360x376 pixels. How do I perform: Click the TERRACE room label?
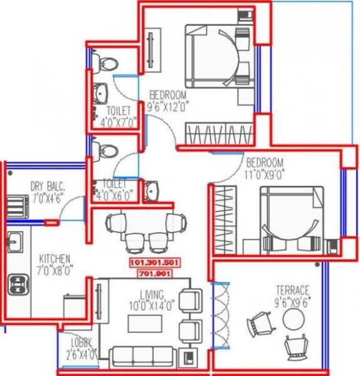(293, 291)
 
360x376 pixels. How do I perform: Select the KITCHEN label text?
(55, 258)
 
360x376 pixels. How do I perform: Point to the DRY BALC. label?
(48, 185)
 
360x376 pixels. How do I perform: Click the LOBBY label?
(82, 342)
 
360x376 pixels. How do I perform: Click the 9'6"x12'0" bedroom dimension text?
(167, 107)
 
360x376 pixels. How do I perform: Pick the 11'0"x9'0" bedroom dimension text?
(265, 175)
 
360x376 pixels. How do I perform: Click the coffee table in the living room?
(146, 323)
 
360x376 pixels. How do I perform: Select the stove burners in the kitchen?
(16, 284)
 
